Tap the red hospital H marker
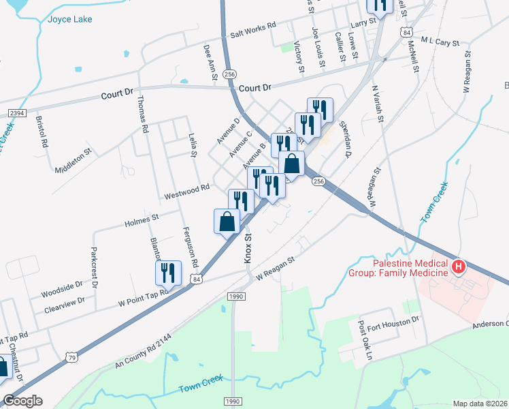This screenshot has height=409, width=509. (x=459, y=267)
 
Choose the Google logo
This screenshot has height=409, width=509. (x=22, y=401)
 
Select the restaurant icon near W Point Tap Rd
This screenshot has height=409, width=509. (x=167, y=273)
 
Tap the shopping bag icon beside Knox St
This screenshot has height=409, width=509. (x=227, y=222)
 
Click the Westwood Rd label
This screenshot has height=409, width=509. (x=186, y=192)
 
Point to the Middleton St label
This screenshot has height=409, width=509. (x=73, y=162)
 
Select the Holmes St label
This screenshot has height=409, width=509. (x=142, y=218)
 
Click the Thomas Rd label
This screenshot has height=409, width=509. (x=143, y=113)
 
